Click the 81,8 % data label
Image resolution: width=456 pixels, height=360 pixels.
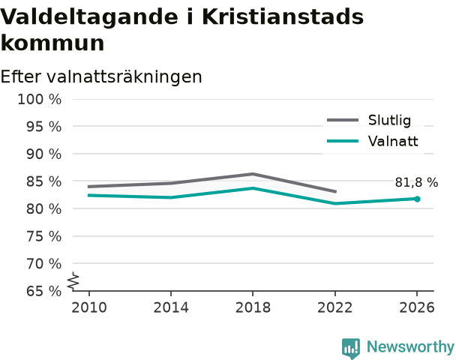(x=416, y=182)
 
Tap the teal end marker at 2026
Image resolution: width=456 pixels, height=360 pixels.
(x=417, y=199)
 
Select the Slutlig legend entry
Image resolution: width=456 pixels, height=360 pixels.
(x=369, y=120)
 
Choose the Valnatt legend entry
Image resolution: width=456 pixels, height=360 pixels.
(x=373, y=141)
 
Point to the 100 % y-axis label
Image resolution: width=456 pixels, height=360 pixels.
(x=40, y=100)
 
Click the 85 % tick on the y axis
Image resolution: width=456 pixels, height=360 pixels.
(x=44, y=181)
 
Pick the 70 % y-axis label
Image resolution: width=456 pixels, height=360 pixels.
(x=44, y=264)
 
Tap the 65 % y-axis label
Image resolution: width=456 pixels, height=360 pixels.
(x=44, y=291)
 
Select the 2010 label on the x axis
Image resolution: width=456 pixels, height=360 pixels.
(x=89, y=307)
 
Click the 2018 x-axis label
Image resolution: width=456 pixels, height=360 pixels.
(x=253, y=307)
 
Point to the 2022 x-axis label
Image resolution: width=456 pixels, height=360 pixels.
(x=334, y=307)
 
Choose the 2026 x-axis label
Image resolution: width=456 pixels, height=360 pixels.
(x=417, y=307)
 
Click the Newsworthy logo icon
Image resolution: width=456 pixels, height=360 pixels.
(x=351, y=348)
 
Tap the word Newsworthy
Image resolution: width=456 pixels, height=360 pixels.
(x=410, y=346)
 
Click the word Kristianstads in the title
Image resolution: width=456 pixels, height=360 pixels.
(x=283, y=16)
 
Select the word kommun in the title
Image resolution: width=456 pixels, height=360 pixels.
(x=52, y=43)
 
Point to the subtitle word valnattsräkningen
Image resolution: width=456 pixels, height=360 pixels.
(x=124, y=77)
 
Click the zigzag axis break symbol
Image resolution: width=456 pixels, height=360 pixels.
(x=73, y=281)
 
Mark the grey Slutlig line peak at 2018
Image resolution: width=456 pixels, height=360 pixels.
(x=253, y=174)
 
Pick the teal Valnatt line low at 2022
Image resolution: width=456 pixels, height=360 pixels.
(x=335, y=203)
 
